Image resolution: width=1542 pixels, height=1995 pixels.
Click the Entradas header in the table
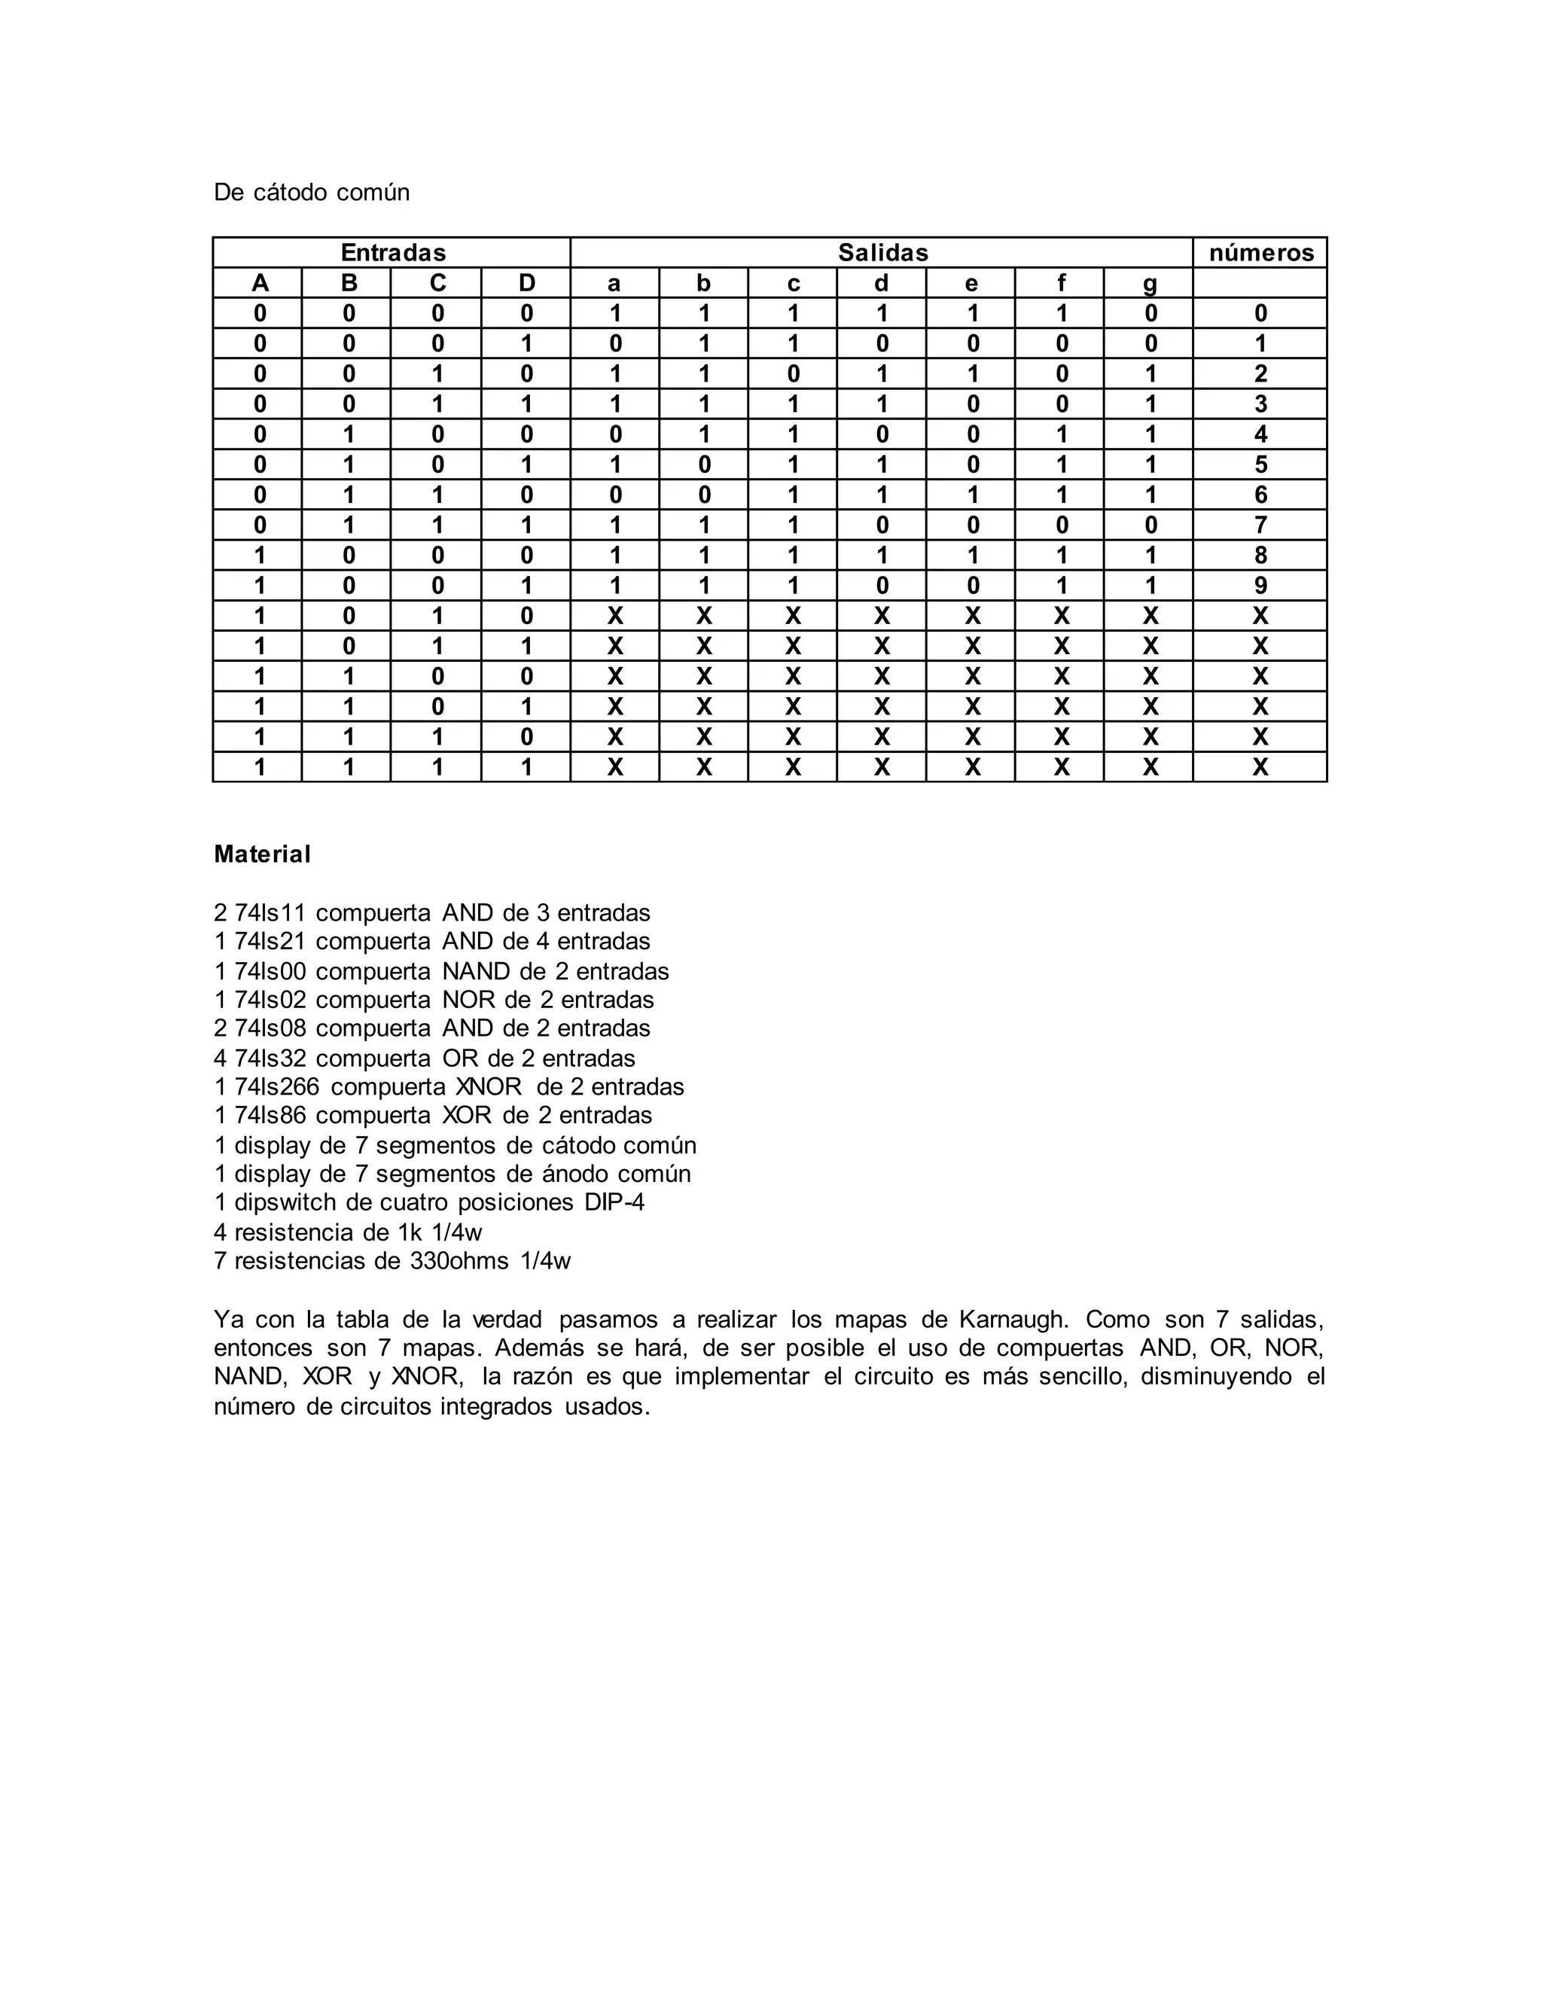point(393,252)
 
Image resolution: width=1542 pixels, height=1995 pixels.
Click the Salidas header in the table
point(882,252)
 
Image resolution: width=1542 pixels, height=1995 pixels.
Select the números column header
point(1260,252)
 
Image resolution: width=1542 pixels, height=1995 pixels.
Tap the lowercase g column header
point(1149,283)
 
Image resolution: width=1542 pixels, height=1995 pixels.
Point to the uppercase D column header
point(526,283)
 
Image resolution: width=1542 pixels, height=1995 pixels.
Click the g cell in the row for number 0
point(1149,313)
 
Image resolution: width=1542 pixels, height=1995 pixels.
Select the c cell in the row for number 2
point(793,373)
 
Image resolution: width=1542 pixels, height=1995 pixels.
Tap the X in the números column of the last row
point(1260,767)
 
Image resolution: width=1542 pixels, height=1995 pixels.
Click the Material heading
point(262,854)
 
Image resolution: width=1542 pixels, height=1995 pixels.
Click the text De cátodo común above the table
point(312,192)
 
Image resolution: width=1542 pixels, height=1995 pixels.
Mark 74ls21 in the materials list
point(270,942)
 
